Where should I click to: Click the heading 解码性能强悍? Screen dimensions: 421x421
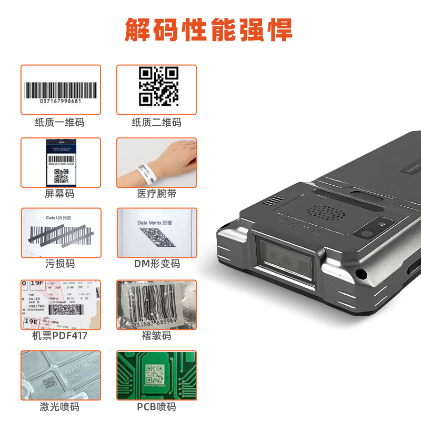coord(208,30)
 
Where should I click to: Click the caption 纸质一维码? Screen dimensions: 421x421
coord(59,123)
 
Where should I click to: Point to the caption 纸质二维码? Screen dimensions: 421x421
coord(156,123)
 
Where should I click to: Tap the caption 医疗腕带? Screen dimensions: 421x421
coord(156,194)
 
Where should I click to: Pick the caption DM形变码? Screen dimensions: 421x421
coord(156,264)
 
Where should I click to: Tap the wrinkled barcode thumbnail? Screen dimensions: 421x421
coord(156,305)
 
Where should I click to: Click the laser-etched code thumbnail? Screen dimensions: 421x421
coord(61,375)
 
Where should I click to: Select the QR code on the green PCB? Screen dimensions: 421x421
coord(155,374)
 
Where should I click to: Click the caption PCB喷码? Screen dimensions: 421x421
coord(156,407)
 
